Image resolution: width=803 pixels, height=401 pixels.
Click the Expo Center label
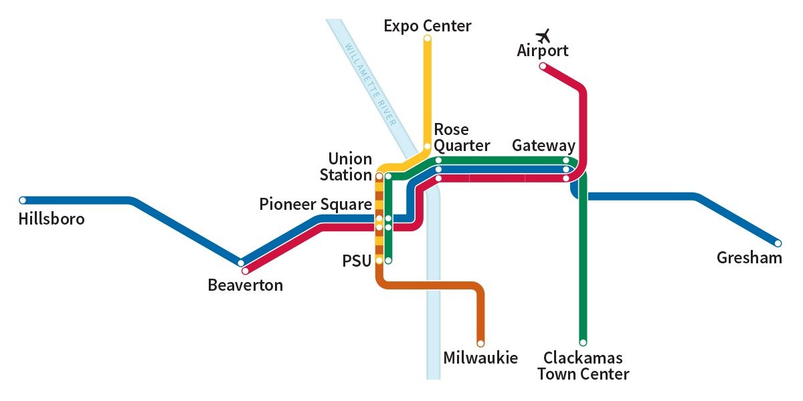[427, 26]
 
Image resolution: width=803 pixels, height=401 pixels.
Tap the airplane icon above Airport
[543, 35]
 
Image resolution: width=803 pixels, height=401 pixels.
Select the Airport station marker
[543, 66]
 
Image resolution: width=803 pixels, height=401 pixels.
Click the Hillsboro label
[52, 219]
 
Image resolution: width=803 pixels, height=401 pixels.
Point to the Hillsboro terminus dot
[23, 200]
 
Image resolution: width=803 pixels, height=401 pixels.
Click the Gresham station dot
[778, 243]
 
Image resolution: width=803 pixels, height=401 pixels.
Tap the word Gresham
[749, 258]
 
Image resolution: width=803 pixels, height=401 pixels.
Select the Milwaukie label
[480, 358]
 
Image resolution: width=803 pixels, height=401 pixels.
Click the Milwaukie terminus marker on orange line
[480, 344]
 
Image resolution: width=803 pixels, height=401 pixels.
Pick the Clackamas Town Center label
[583, 366]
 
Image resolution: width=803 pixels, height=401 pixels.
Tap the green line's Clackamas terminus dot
[583, 342]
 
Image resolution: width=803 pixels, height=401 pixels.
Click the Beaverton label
[245, 285]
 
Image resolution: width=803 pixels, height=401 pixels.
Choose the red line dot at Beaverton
[245, 271]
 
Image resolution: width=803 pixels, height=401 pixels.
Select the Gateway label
[543, 146]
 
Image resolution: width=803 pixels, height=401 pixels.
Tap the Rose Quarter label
[461, 137]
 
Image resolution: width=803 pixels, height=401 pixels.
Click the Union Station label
[346, 167]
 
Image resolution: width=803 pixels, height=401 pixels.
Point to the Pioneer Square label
[315, 205]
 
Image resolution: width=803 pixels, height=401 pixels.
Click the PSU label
[357, 261]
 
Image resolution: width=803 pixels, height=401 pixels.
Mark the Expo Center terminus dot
[427, 38]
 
